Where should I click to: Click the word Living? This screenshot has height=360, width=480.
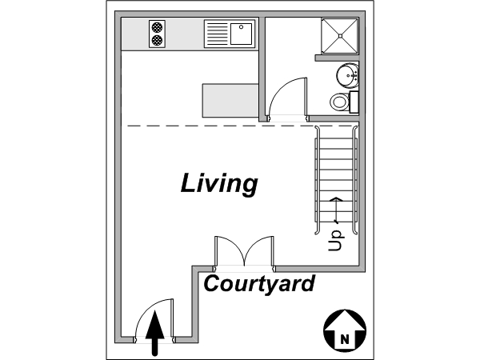[x=219, y=184]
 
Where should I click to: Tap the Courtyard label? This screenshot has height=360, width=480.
[x=259, y=284]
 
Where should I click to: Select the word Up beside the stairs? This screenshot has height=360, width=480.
[x=336, y=241]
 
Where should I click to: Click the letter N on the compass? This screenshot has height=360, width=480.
[x=345, y=339]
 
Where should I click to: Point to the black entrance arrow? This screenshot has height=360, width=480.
[x=155, y=333]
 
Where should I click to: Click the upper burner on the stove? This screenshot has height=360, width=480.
[x=157, y=27]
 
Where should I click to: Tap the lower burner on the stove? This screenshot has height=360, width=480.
[x=157, y=40]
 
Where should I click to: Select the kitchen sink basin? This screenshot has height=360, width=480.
[x=242, y=34]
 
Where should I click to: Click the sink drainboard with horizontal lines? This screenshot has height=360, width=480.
[x=218, y=34]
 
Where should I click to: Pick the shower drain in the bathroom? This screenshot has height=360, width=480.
[x=340, y=36]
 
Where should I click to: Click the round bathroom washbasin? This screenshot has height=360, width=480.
[x=347, y=75]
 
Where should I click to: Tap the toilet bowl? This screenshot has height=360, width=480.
[x=339, y=102]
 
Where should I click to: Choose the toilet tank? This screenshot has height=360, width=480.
[x=354, y=102]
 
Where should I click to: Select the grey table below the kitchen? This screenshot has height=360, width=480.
[x=230, y=101]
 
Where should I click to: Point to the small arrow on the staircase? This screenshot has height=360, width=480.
[x=336, y=210]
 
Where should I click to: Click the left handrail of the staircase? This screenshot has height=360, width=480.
[x=318, y=181]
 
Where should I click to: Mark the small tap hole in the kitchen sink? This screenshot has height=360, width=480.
[x=242, y=27]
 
